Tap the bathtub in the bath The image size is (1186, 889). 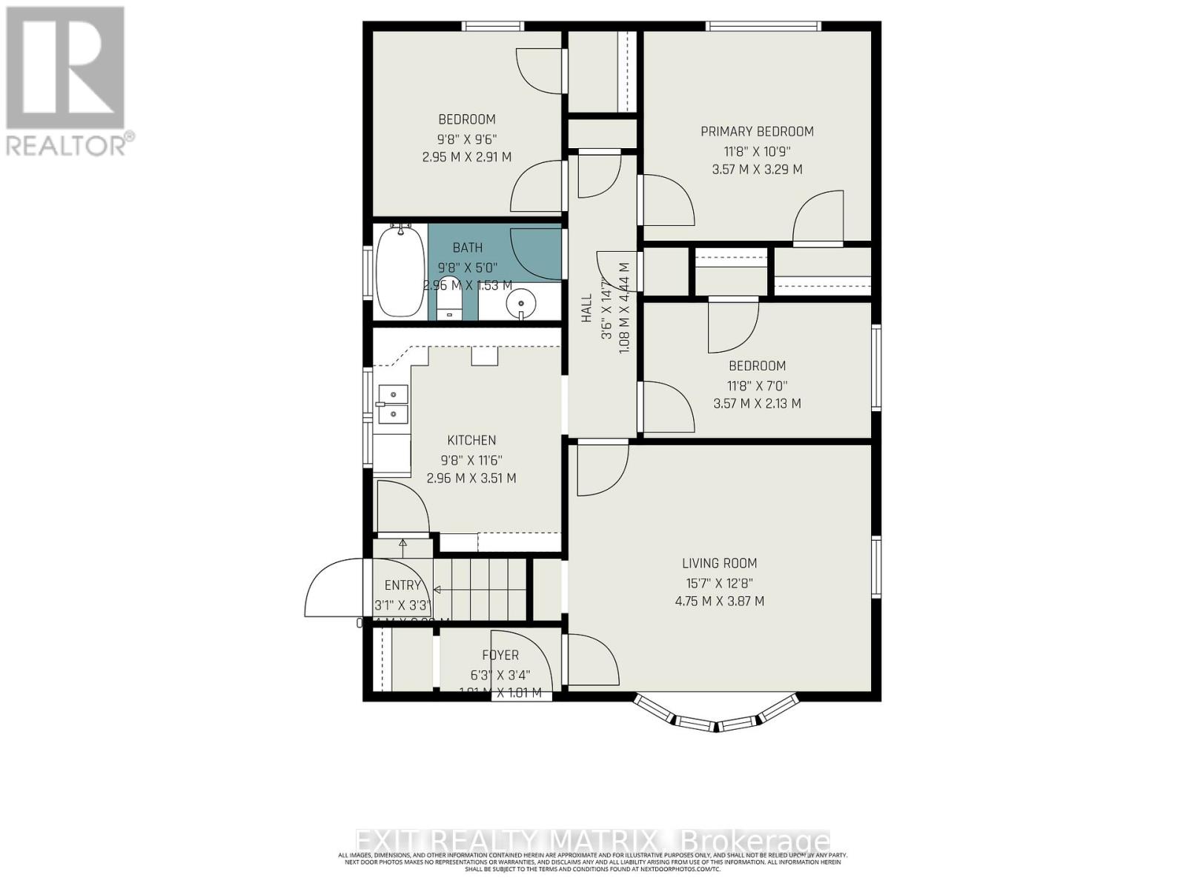(400, 271)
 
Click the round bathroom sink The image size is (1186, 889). (522, 304)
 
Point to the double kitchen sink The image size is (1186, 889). (393, 404)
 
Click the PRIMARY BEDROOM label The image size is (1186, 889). (757, 131)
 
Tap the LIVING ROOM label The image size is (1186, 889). (719, 563)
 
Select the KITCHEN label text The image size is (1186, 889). (471, 440)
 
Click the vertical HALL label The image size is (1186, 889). (586, 307)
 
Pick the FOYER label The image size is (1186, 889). (500, 655)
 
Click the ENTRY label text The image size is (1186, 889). (402, 585)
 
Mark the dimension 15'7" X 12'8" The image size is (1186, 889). (719, 583)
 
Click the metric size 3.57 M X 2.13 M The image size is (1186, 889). (757, 404)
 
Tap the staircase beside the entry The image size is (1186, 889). (482, 589)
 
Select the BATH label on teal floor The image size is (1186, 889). (468, 247)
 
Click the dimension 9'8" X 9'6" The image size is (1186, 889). (467, 139)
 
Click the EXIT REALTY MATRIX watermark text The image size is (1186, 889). (593, 842)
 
